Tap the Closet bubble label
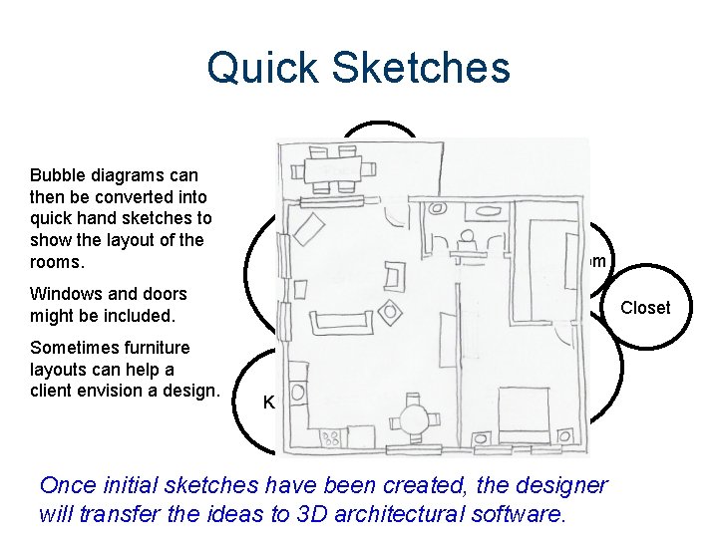coord(645,308)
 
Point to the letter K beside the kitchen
coord(268,403)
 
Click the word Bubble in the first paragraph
coord(58,174)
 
